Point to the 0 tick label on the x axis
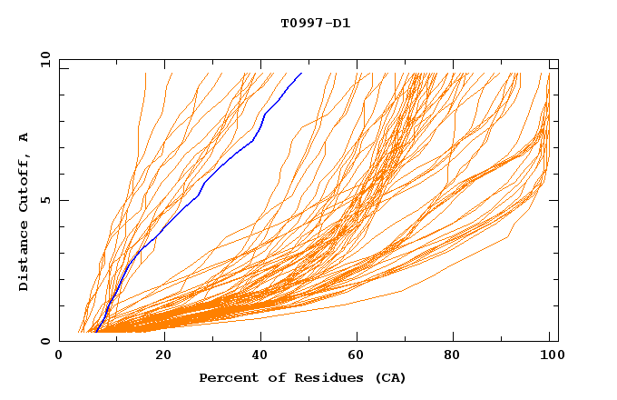tap(59, 356)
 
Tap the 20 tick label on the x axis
tap(164, 356)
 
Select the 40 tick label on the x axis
tap(262, 356)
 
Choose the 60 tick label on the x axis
tap(360, 356)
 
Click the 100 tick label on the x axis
tap(549, 356)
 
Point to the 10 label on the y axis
tap(44, 59)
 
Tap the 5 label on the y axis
tap(44, 200)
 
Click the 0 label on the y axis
tap(44, 341)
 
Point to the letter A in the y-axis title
tap(24, 137)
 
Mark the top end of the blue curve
tap(301, 73)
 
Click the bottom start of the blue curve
tap(96, 332)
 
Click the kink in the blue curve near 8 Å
tap(263, 115)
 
